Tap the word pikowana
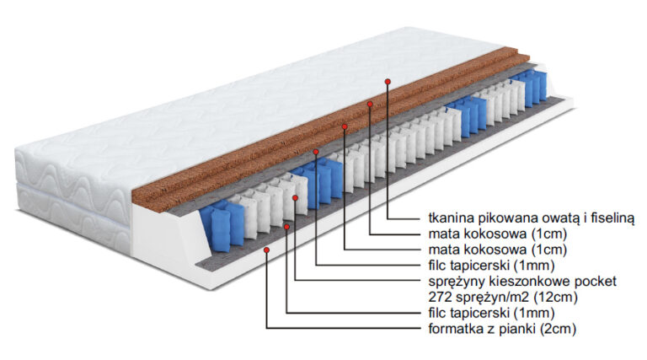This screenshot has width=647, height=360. pos(496,218)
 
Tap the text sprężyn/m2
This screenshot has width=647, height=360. pos(482,297)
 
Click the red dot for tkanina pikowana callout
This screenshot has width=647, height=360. pos(388,81)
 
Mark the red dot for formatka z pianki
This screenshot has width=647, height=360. pos(266,250)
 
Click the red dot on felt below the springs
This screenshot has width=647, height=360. pos(286,226)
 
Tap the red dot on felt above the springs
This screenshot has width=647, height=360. pos(315,153)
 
